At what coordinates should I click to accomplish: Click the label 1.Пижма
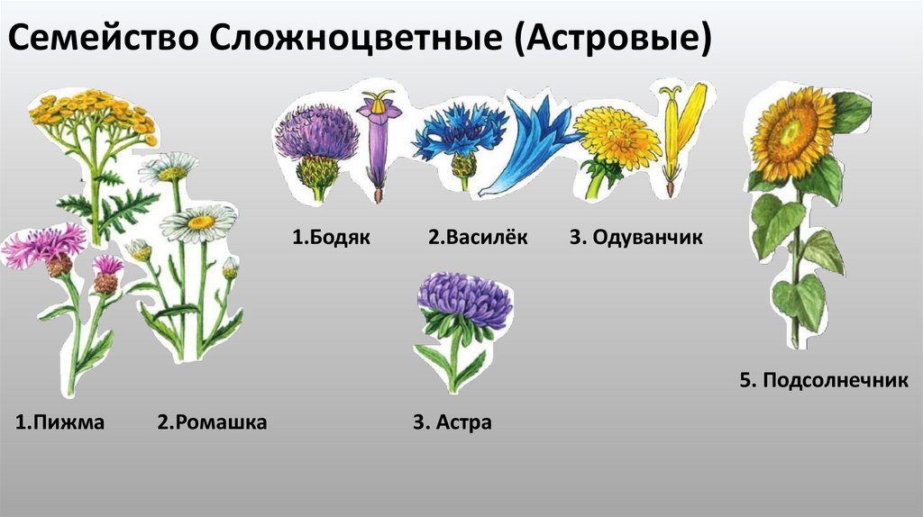point(60,422)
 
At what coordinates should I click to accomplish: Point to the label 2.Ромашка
point(212,422)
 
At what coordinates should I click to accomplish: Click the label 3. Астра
point(452,422)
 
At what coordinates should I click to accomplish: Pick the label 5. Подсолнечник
point(823,381)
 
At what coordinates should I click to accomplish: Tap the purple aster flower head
point(464,299)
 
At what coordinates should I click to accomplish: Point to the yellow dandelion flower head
point(617,137)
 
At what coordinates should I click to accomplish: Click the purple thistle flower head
point(316,135)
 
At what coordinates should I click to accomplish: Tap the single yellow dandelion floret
point(674,135)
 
